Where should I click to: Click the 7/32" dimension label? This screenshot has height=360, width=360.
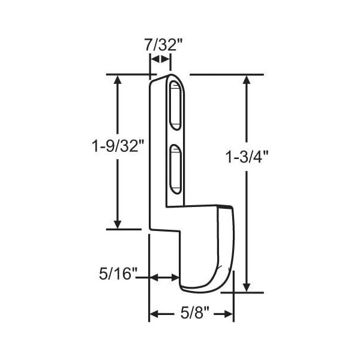pos(163,45)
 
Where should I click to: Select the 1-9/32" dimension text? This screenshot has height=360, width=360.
pos(118,146)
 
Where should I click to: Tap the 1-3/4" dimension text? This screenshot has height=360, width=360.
pos(247,157)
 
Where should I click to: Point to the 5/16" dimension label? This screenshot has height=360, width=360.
pos(118,274)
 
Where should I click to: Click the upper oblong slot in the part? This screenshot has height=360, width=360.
pos(176,106)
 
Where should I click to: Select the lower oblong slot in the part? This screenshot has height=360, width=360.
pos(176,169)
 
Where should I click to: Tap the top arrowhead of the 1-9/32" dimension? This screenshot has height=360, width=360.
pos(118,80)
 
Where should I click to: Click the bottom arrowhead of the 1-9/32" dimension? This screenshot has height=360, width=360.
pos(118,224)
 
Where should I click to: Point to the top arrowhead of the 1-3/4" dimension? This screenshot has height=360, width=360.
pos(247,80)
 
